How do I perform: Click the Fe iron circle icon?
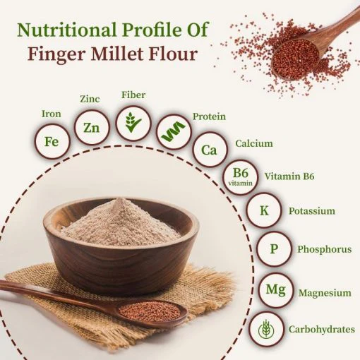[52, 141]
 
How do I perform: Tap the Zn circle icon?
[92, 127]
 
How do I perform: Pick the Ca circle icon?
[210, 150]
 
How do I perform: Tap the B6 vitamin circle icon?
[240, 177]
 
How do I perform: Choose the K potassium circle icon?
[264, 210]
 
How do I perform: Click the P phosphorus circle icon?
[274, 248]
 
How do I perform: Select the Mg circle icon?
[276, 290]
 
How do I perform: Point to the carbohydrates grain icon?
[266, 329]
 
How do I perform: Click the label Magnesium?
[325, 293]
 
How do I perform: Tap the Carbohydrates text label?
[322, 329]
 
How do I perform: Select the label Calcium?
[254, 143]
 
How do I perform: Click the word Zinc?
[90, 99]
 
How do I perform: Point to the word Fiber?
[133, 95]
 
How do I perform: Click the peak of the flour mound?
[120, 199]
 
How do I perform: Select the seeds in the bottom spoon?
[150, 311]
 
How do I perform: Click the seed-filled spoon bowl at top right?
[296, 60]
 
